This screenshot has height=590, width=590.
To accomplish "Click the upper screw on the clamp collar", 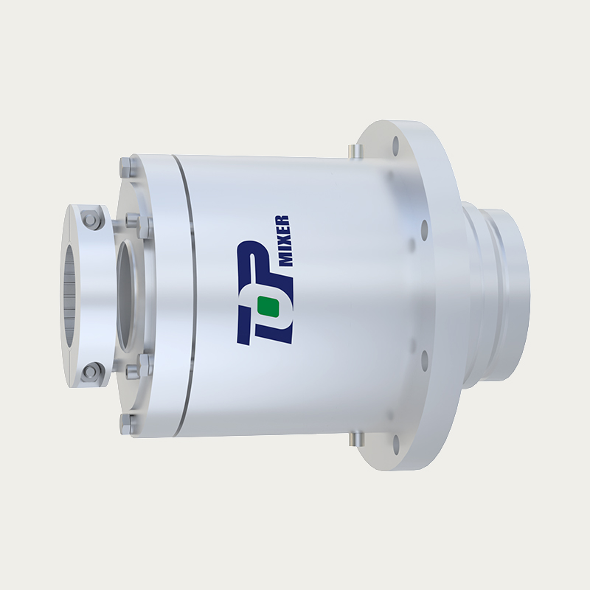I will (91, 219).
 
